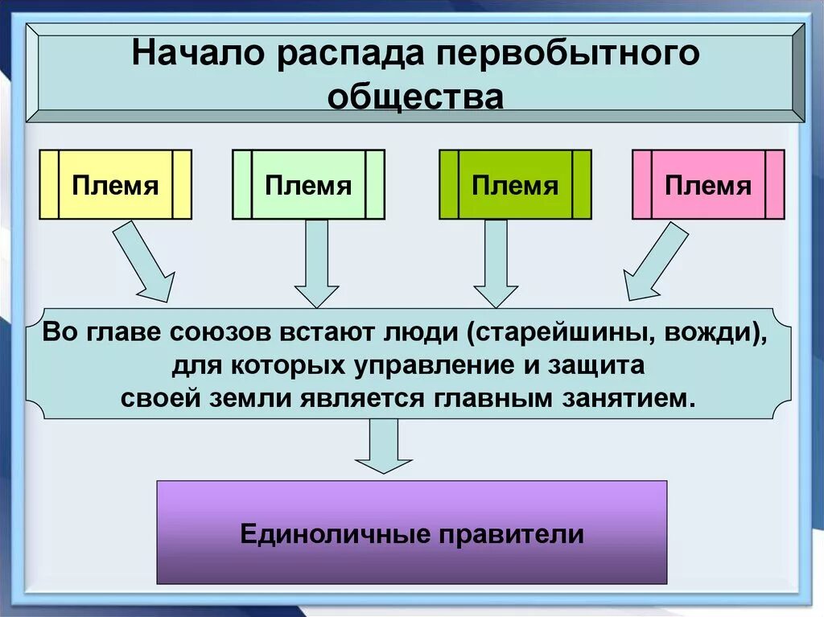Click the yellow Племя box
click(x=115, y=185)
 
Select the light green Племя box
click(x=308, y=185)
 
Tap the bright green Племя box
click(x=515, y=185)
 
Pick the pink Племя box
click(x=708, y=185)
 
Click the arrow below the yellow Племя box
click(x=145, y=261)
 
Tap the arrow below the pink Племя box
click(x=655, y=261)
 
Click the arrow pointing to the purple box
click(x=384, y=446)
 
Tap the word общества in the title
click(x=416, y=97)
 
